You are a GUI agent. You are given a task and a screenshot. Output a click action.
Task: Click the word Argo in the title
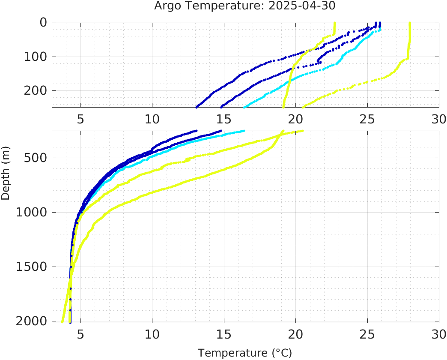(x=166, y=6)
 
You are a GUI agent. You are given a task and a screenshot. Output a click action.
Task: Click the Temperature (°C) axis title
(x=244, y=353)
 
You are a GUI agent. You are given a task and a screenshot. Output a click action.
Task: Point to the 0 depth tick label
(x=43, y=23)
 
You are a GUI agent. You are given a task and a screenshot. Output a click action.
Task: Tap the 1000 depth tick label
(x=31, y=212)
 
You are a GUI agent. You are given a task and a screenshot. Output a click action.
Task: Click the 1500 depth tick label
(x=31, y=267)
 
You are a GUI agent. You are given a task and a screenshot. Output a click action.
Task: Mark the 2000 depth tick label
(x=31, y=321)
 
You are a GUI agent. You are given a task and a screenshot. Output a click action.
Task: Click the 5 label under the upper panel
(x=80, y=119)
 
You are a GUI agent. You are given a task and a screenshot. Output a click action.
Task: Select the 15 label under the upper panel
(x=223, y=119)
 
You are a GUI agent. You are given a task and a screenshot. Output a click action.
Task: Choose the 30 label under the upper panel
(x=438, y=119)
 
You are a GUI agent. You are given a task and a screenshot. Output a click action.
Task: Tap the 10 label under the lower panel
(x=152, y=333)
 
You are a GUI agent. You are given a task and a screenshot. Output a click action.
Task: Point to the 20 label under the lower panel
(x=295, y=333)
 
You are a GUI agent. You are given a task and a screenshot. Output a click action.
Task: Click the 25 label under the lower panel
(x=367, y=333)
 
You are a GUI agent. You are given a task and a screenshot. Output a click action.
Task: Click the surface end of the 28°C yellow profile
(x=410, y=23)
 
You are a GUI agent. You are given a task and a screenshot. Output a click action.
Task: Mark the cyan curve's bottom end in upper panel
(x=244, y=107)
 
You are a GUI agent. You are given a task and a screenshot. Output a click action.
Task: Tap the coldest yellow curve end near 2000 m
(x=63, y=321)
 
